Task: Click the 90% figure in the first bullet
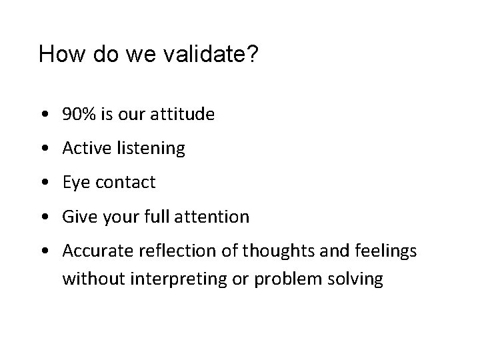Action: pyautogui.click(x=79, y=115)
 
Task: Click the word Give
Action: pyautogui.click(x=77, y=217)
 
